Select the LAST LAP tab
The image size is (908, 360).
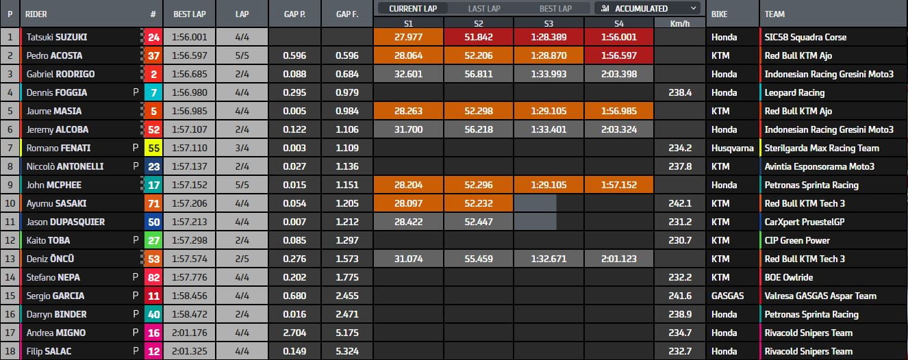[485, 8]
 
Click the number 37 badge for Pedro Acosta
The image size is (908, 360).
[153, 55]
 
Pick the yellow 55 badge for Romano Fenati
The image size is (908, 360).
[153, 148]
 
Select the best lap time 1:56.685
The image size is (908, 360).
[190, 74]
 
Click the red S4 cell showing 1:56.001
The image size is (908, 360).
[620, 37]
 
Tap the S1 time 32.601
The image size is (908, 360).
[409, 74]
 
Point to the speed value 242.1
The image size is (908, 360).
[679, 203]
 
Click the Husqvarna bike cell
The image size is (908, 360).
[731, 148]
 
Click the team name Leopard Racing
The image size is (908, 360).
[795, 92]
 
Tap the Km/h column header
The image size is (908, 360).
[679, 23]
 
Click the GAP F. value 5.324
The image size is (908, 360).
[348, 351]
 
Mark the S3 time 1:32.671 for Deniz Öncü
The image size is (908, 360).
[549, 259]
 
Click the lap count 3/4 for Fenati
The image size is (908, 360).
[242, 148]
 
